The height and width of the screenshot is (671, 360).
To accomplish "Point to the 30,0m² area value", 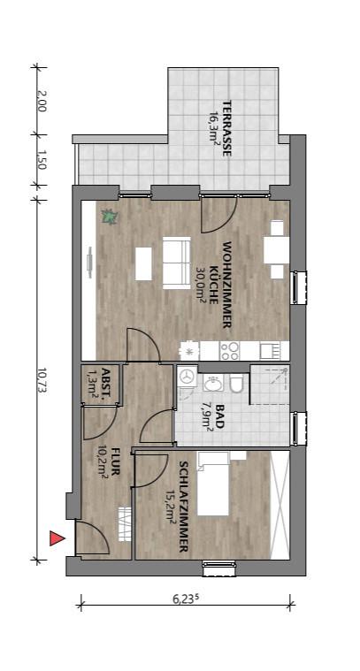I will click(201, 286).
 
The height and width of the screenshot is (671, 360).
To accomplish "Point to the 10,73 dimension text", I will click(42, 377).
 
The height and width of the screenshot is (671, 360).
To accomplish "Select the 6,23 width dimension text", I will click(186, 598).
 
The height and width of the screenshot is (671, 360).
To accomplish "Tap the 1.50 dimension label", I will click(42, 160).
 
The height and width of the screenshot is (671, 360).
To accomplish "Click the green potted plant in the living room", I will click(109, 215).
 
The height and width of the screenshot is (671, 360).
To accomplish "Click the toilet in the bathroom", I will click(235, 383).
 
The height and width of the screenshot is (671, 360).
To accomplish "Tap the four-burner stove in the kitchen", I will click(229, 350).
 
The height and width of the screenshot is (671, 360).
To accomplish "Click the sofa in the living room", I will click(174, 262).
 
